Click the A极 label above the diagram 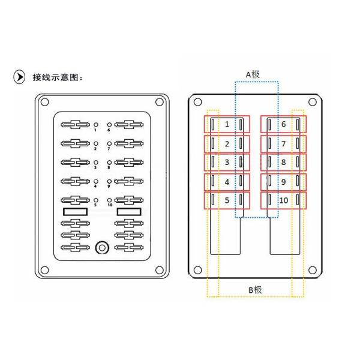point(253,74)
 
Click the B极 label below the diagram point(255,290)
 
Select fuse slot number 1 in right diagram point(227,124)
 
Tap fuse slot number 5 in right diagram point(227,200)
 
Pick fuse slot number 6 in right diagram point(283,124)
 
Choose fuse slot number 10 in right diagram point(283,200)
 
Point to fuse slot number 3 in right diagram point(227,162)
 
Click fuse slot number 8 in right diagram point(283,162)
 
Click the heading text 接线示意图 point(56,77)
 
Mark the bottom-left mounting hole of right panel point(197,271)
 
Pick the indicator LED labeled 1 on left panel point(96,125)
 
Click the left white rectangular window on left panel point(75,212)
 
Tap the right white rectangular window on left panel point(128,212)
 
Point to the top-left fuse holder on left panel point(75,125)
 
